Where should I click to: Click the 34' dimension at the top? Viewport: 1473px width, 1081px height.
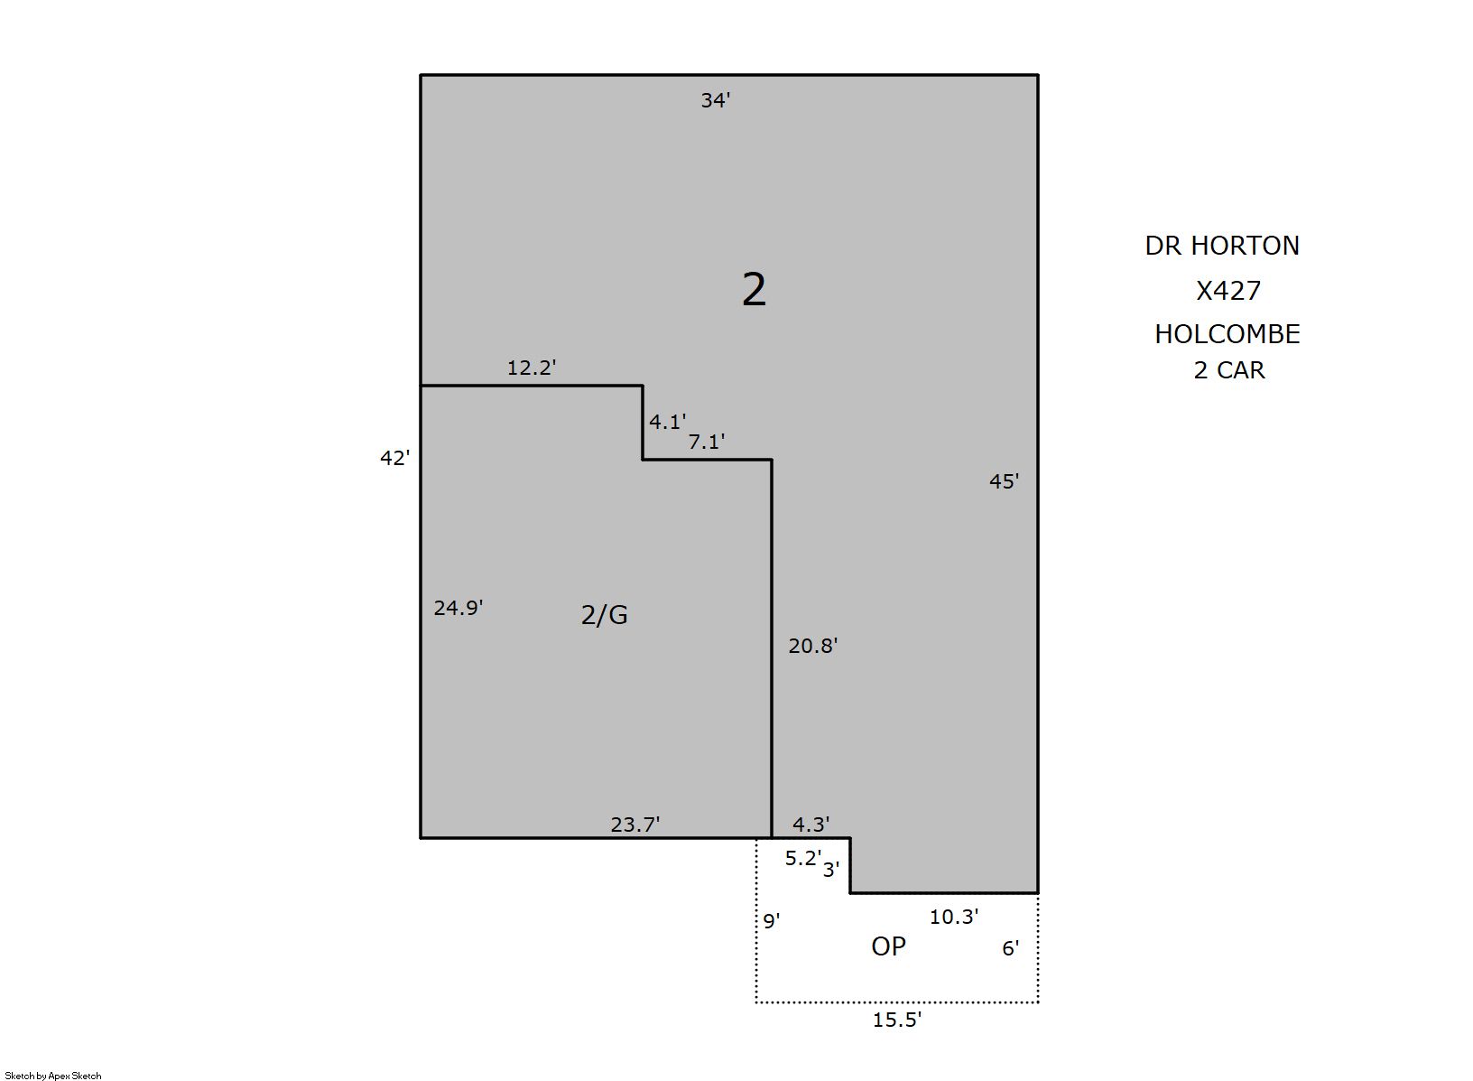click(x=716, y=100)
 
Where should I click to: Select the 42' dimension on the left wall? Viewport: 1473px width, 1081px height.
click(x=394, y=458)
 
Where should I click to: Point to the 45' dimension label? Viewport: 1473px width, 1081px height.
click(x=1005, y=481)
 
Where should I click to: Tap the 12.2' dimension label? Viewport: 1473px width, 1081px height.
click(x=532, y=368)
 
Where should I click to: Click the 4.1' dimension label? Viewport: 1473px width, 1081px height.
click(x=668, y=422)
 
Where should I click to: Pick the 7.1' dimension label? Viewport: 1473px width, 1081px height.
click(x=706, y=443)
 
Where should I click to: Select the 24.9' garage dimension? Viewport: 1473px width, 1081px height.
click(x=459, y=608)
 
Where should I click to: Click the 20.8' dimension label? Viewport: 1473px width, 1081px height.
click(x=813, y=646)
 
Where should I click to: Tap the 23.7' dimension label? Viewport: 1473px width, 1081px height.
click(x=635, y=825)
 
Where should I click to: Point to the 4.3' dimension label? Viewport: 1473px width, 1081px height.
click(x=811, y=824)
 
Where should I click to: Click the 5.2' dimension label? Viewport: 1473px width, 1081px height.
click(x=803, y=858)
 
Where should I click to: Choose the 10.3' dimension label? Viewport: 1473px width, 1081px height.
click(x=953, y=917)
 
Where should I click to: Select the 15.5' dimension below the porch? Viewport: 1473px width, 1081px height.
click(x=897, y=1020)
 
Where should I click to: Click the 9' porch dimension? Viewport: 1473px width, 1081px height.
click(x=772, y=921)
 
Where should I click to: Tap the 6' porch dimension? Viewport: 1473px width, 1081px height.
click(x=1011, y=948)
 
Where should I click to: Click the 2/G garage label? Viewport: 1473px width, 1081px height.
click(x=605, y=614)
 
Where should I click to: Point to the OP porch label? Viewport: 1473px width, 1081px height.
click(x=888, y=946)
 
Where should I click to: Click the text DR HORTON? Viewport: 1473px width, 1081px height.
click(x=1222, y=246)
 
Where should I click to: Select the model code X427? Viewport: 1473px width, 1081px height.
click(x=1227, y=290)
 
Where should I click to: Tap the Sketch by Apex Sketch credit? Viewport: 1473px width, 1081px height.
click(x=53, y=1076)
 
